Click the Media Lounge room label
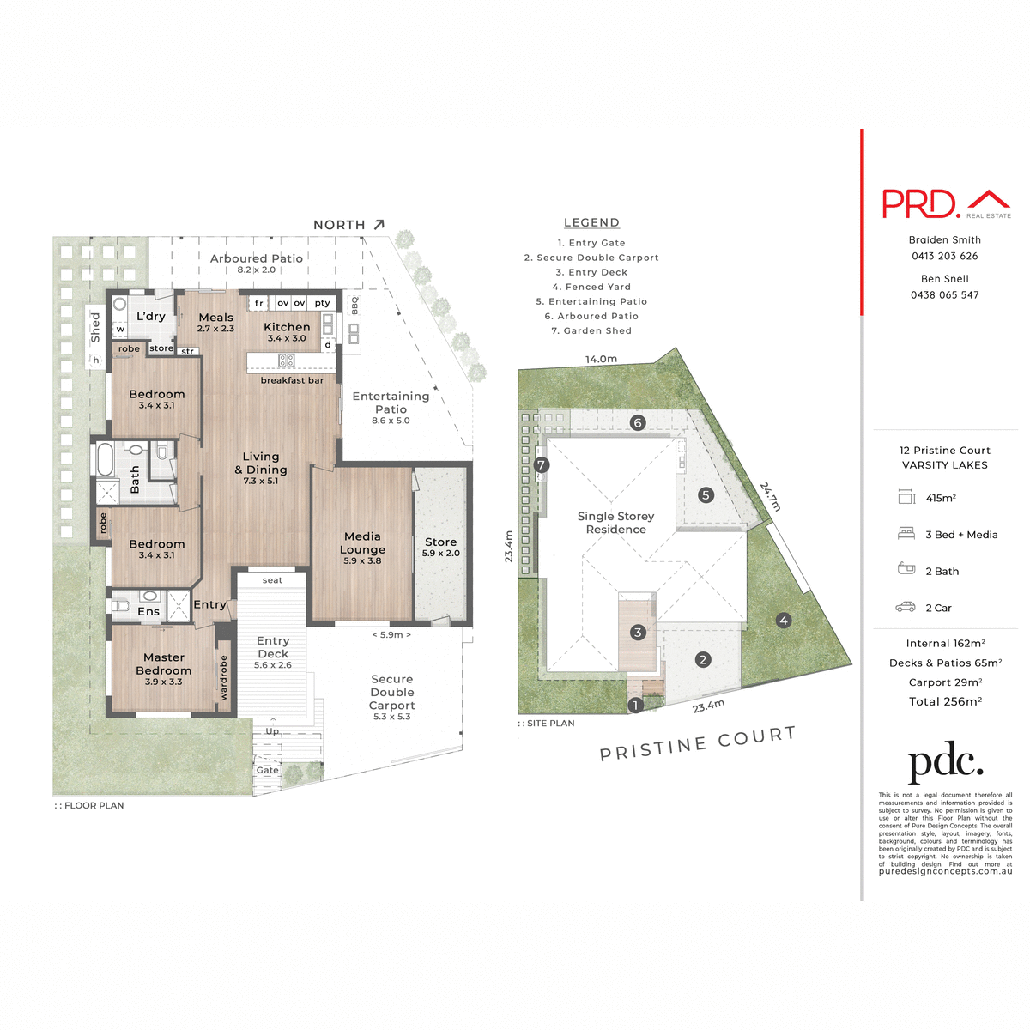click(362, 543)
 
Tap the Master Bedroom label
click(163, 664)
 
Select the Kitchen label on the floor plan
click(287, 327)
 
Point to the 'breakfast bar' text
click(292, 380)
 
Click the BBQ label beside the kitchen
click(354, 306)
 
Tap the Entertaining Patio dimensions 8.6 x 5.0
click(391, 421)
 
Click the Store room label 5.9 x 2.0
click(440, 547)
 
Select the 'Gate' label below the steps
click(267, 770)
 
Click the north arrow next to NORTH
click(379, 224)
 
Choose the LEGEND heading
click(591, 222)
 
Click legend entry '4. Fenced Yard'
click(591, 287)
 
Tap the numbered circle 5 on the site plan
click(706, 494)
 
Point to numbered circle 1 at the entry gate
click(636, 706)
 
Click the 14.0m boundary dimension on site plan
click(601, 359)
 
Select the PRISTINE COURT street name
click(697, 743)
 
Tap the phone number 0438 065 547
click(944, 294)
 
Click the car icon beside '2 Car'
click(906, 607)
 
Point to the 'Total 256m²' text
click(945, 701)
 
